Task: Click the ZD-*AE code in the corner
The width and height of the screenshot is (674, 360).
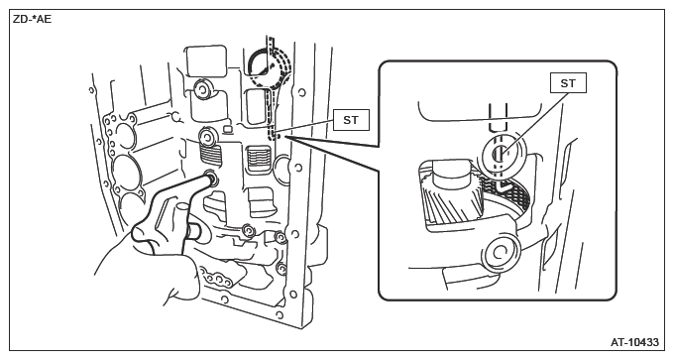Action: (33, 20)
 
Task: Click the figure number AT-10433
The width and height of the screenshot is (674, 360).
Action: (634, 342)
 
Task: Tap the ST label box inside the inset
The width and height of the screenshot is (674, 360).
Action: (568, 83)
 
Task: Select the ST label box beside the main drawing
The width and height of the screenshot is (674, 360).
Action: (351, 120)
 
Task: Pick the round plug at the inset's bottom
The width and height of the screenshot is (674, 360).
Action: (500, 253)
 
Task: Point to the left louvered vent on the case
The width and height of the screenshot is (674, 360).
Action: (210, 154)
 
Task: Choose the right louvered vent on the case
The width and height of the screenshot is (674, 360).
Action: (259, 159)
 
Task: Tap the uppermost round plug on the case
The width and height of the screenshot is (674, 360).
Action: (201, 89)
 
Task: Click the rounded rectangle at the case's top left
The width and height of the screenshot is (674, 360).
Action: (205, 61)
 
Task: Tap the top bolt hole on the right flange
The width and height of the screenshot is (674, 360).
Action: (301, 92)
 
